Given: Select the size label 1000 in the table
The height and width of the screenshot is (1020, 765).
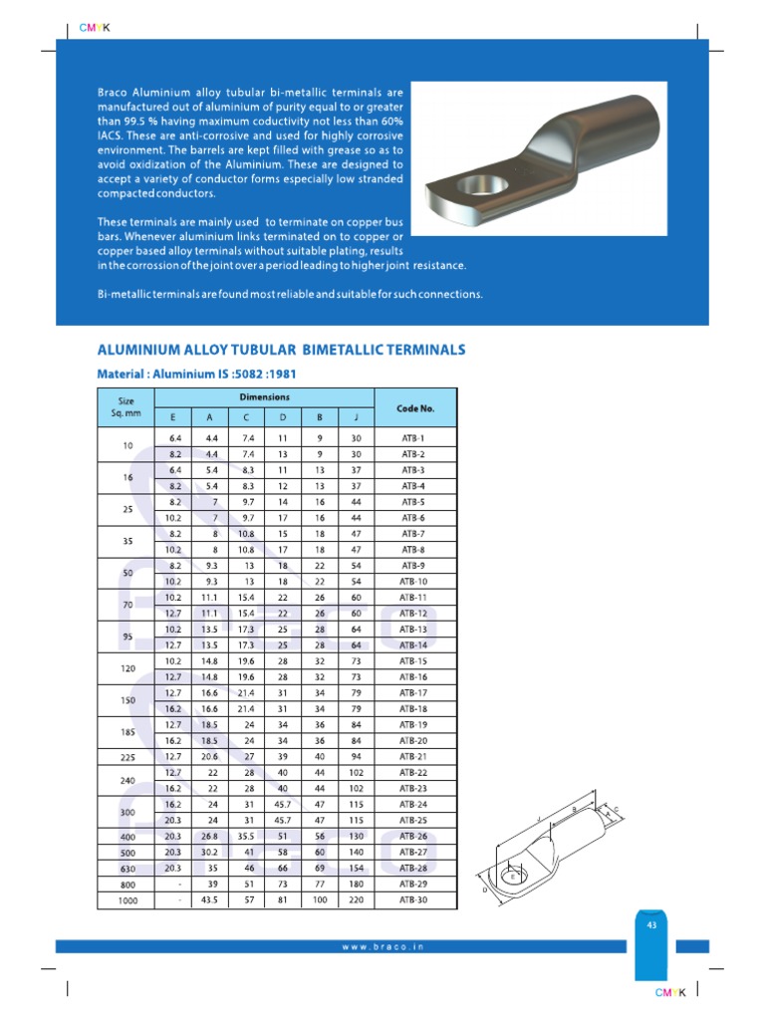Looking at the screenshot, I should [x=127, y=900].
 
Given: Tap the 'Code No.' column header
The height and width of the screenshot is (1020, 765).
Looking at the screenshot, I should [x=414, y=407].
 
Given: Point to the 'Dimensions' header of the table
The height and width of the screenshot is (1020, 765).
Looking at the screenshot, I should [x=264, y=396].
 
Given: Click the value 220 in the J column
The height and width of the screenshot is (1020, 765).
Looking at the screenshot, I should [x=356, y=900].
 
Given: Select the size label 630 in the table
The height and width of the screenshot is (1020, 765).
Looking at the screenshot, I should [x=127, y=869].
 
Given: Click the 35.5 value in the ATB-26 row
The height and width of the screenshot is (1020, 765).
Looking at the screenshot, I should [x=246, y=837].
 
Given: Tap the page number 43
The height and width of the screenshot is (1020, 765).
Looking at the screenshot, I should [x=651, y=924].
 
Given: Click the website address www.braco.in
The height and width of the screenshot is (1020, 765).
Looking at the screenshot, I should [x=382, y=946].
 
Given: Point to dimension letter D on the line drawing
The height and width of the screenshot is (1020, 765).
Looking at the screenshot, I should [x=485, y=890].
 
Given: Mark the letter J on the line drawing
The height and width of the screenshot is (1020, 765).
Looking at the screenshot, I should [x=539, y=820].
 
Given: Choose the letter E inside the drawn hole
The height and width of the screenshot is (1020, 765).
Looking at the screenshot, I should [x=513, y=878].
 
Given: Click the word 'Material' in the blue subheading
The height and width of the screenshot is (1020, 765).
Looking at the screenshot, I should [x=121, y=374].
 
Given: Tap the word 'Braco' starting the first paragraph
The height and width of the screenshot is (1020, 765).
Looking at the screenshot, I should [x=115, y=92].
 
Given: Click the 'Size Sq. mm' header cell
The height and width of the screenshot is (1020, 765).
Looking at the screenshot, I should [x=127, y=407].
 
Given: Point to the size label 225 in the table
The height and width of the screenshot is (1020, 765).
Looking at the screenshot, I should [x=127, y=756].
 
